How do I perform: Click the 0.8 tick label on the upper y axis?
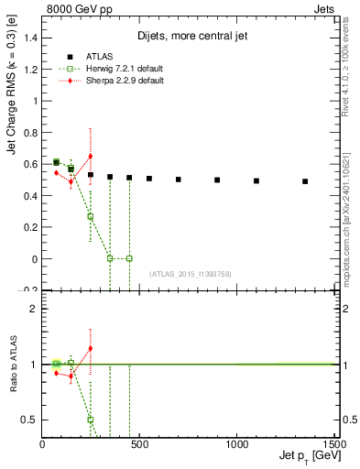pos(30,132)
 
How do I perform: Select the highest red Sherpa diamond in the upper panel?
pos(90,157)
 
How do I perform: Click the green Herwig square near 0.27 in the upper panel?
pos(90,217)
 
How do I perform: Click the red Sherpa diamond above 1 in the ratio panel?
pos(90,348)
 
